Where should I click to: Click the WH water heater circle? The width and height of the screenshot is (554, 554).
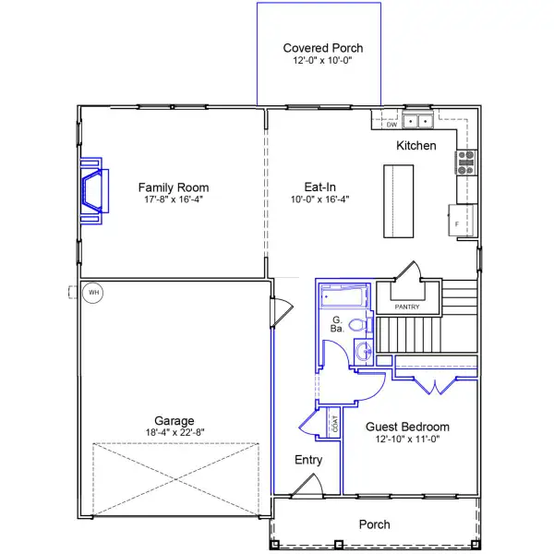[93, 293]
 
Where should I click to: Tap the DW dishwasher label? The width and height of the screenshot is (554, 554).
[391, 125]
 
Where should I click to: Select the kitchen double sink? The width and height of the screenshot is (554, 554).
[418, 121]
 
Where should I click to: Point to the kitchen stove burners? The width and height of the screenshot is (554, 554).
[465, 163]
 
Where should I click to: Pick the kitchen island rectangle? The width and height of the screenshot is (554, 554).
[399, 201]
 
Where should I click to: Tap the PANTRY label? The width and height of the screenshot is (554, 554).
[407, 307]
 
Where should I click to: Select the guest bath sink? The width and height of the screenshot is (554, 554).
[364, 351]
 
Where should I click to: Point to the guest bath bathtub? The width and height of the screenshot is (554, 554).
[343, 296]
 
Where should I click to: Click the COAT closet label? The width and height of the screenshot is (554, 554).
[335, 423]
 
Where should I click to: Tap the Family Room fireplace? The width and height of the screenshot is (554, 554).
[94, 191]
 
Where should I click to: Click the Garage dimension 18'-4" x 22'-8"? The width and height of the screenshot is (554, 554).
[175, 432]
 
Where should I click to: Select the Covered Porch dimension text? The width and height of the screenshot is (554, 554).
[322, 60]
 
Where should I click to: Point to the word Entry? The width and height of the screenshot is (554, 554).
[308, 460]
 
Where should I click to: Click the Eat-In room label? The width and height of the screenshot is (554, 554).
[320, 187]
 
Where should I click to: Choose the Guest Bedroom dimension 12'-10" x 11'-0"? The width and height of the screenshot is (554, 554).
[407, 440]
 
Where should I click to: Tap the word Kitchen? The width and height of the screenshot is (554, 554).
[416, 146]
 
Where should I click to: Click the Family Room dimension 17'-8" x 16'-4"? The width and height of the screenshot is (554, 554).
[174, 199]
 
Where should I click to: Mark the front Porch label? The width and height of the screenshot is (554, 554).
[375, 524]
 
